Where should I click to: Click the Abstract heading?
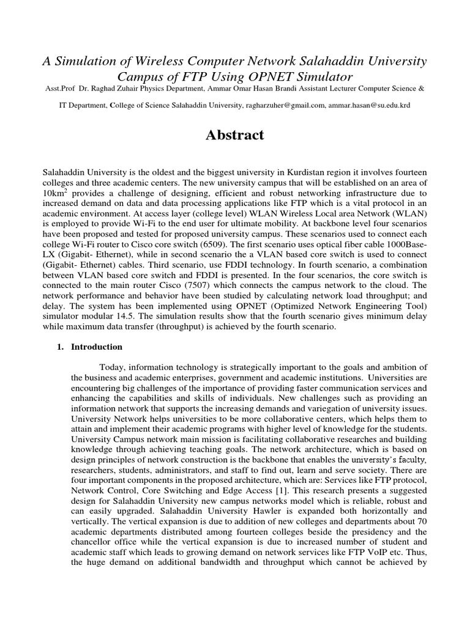234,136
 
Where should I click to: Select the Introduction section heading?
97,347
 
